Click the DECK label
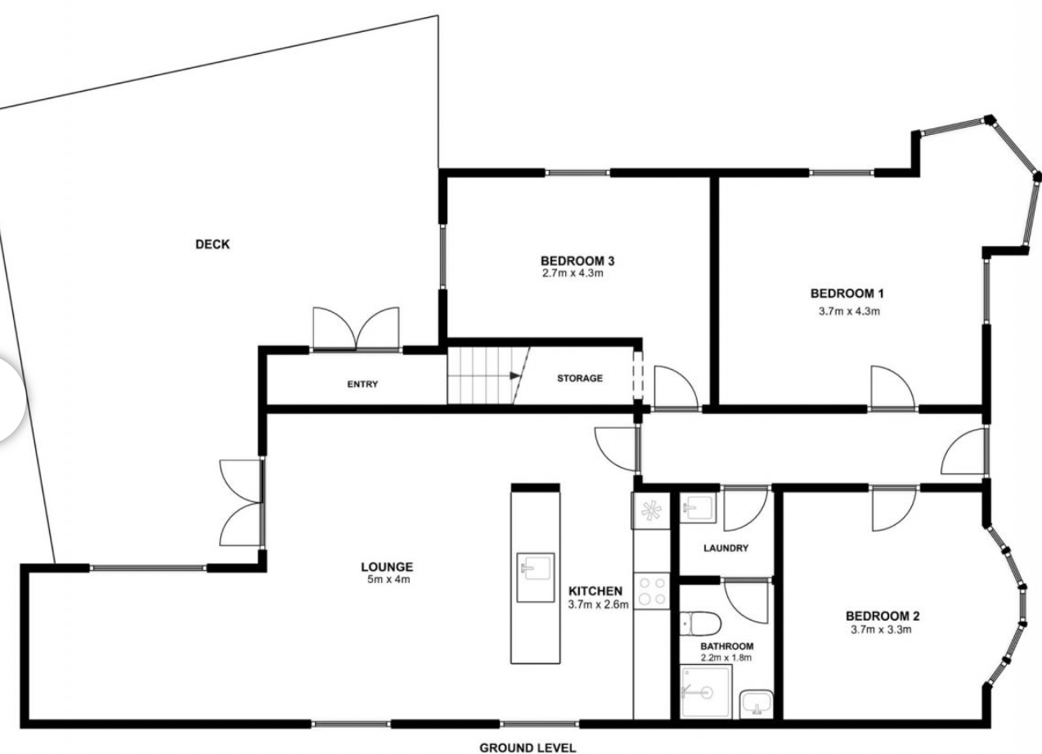pyautogui.click(x=213, y=245)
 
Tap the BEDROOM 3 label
pyautogui.click(x=577, y=261)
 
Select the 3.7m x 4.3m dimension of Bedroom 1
pyautogui.click(x=850, y=312)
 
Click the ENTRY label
pyautogui.click(x=362, y=384)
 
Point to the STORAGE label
pyautogui.click(x=580, y=378)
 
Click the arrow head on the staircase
pyautogui.click(x=514, y=375)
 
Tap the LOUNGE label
pyautogui.click(x=387, y=567)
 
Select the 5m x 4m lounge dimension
pyautogui.click(x=389, y=580)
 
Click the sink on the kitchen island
pyautogui.click(x=536, y=577)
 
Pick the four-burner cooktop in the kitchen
pyautogui.click(x=652, y=591)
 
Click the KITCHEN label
pyautogui.click(x=595, y=591)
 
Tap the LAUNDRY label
pyautogui.click(x=726, y=549)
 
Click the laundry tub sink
pyautogui.click(x=698, y=509)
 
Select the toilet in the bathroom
pyautogui.click(x=700, y=624)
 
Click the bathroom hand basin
pyautogui.click(x=757, y=705)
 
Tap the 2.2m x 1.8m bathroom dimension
pyautogui.click(x=726, y=658)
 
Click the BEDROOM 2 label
pyautogui.click(x=883, y=617)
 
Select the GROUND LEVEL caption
pyautogui.click(x=528, y=748)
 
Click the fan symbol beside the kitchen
pyautogui.click(x=651, y=510)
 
